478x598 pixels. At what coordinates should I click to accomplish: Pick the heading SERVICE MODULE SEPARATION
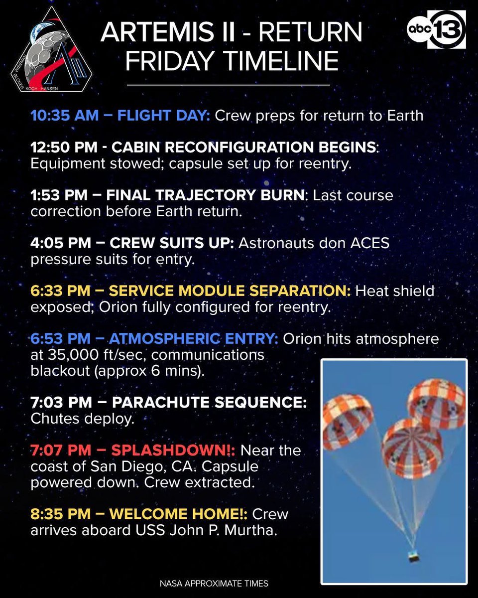[230, 291]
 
